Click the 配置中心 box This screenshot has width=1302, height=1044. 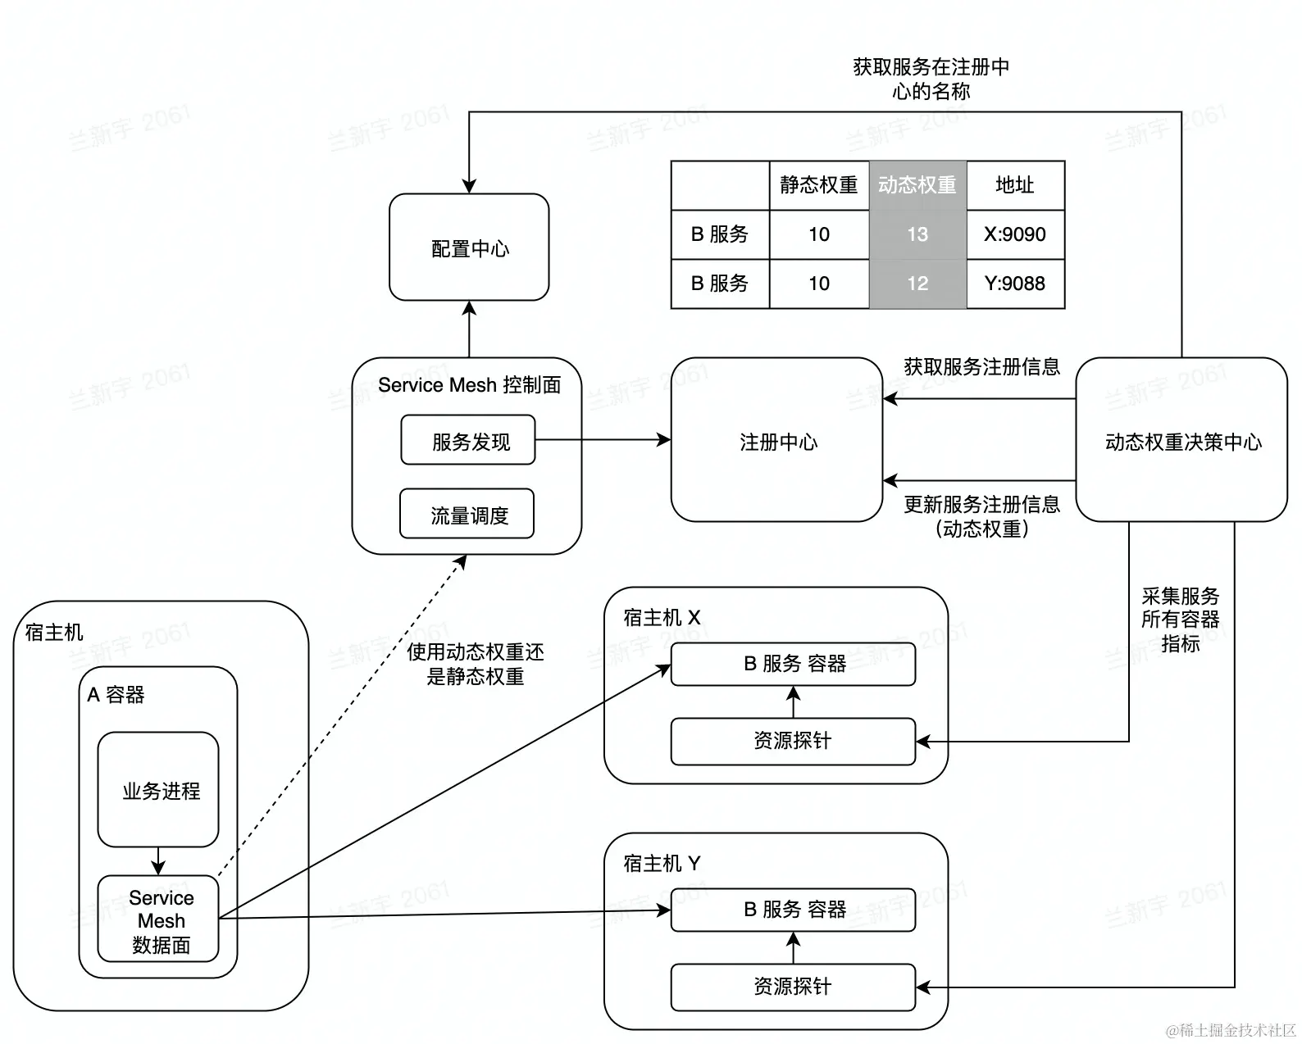coord(469,247)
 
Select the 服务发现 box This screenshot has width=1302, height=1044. coord(467,441)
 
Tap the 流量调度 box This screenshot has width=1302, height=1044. coord(467,515)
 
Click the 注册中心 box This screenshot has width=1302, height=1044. coord(777,441)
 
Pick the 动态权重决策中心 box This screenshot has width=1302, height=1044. coord(1181,441)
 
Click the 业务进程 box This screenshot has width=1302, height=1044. coord(158,790)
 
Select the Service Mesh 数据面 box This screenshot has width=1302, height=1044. coord(158,919)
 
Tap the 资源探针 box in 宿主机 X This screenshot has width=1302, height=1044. coord(792,741)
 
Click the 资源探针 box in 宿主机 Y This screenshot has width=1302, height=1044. coord(792,987)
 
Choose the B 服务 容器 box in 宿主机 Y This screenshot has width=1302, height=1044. coord(792,910)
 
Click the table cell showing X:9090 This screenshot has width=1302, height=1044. coord(1015,234)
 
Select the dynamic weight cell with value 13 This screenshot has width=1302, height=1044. coord(917,234)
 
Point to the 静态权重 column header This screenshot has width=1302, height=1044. coord(818,185)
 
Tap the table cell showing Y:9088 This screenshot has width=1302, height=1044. coord(1015,284)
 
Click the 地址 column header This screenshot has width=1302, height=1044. coord(1015,185)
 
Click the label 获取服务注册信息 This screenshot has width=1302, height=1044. coord(981,366)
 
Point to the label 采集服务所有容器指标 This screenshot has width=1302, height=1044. coord(1180,620)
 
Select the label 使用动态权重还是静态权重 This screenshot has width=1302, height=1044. coord(476,664)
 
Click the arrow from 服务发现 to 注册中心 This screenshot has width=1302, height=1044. coord(603,440)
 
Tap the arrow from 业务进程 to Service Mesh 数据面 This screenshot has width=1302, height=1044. coord(158,861)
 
